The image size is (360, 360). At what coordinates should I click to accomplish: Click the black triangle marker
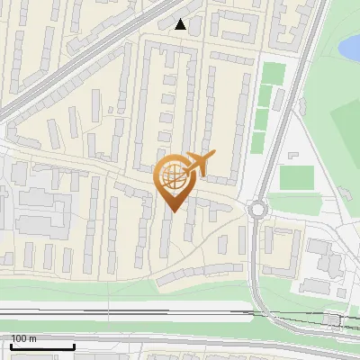(181, 24)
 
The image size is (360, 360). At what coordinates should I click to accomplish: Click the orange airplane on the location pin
(197, 164)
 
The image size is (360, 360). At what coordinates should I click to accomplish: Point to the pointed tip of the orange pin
(173, 211)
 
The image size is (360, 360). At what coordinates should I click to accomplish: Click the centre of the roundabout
(259, 210)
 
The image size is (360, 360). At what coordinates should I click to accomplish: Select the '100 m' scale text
(22, 338)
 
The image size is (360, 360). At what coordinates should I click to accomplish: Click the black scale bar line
(41, 347)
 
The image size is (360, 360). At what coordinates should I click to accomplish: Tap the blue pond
(349, 47)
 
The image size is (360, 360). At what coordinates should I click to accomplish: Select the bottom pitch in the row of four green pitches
(259, 142)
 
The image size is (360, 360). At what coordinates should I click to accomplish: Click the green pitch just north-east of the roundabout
(295, 177)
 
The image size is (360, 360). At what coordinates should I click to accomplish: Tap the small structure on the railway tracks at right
(333, 319)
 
